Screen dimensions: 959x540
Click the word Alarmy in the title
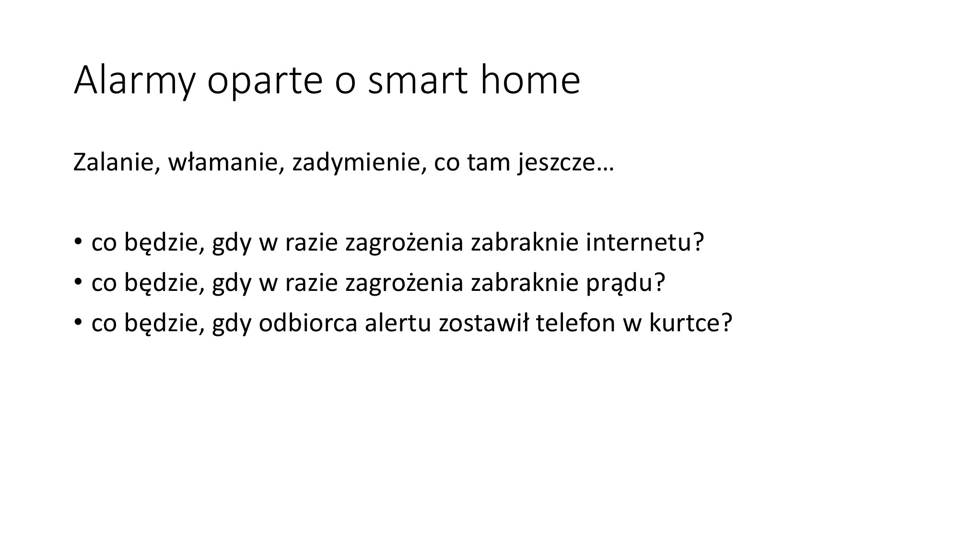click(x=134, y=81)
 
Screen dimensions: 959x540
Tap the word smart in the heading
click(x=418, y=80)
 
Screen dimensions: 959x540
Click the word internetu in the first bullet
click(x=640, y=242)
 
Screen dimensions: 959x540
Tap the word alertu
click(x=398, y=323)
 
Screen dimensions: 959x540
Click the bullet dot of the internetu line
click(x=78, y=241)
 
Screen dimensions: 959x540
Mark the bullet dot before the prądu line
click(x=78, y=282)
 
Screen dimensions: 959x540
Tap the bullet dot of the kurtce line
click(x=78, y=322)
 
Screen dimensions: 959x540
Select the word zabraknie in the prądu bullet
click(x=525, y=283)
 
